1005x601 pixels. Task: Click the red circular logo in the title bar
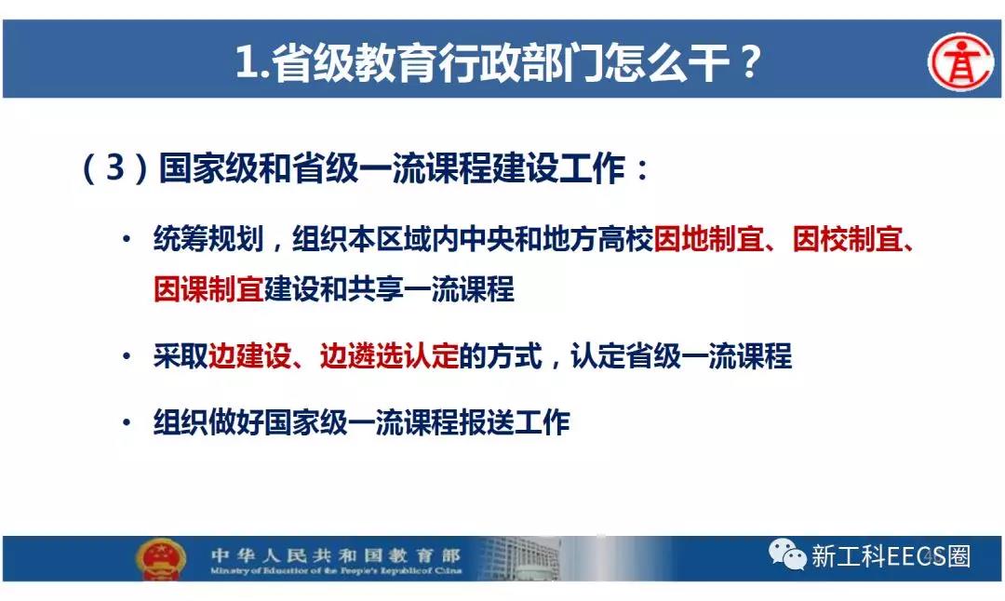click(960, 61)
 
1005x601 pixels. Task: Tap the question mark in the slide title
click(748, 61)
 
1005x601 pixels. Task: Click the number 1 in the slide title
click(246, 62)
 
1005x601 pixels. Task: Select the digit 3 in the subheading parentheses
click(115, 167)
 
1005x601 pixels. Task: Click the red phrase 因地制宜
click(709, 239)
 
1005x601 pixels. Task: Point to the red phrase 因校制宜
click(848, 239)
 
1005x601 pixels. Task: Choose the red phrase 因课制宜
click(209, 289)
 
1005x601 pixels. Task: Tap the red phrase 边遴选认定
click(389, 355)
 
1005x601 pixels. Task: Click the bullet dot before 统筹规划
click(127, 240)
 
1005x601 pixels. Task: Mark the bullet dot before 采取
click(127, 356)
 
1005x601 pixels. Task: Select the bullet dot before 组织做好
click(127, 423)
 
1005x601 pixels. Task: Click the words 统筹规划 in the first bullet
click(209, 239)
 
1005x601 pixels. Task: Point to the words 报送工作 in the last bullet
click(514, 422)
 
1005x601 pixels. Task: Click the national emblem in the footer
click(161, 558)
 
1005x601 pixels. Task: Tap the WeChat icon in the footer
click(787, 554)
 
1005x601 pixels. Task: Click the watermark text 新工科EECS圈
click(891, 555)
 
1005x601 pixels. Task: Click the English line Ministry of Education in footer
click(336, 570)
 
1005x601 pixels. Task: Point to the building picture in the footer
click(520, 558)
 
